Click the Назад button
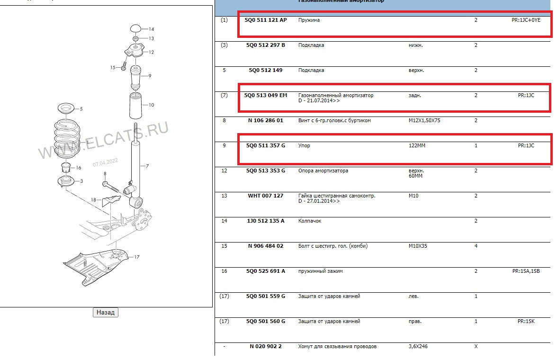tap(105, 312)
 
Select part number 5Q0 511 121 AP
tap(265, 20)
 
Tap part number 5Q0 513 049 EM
tap(265, 95)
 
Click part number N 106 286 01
tap(265, 120)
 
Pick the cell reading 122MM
tap(417, 145)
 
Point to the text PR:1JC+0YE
tap(526, 20)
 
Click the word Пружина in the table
tap(309, 20)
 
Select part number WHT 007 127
tap(265, 196)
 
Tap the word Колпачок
tap(310, 221)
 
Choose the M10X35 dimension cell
tap(418, 246)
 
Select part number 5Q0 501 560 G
tap(265, 321)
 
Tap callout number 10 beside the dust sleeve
tap(151, 105)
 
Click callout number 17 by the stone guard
tap(136, 257)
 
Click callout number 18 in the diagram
tap(94, 200)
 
